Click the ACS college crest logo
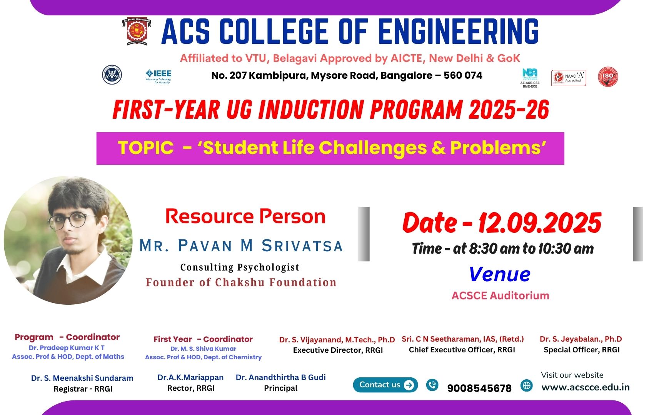(x=137, y=32)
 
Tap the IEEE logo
(x=159, y=76)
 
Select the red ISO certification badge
(x=608, y=77)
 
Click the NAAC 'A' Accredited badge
(x=569, y=78)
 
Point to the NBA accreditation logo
(x=530, y=78)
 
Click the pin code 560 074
(x=463, y=76)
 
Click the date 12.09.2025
(x=539, y=223)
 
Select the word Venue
(x=500, y=274)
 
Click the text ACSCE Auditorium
(x=501, y=295)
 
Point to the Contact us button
(x=385, y=385)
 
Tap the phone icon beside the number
(x=432, y=385)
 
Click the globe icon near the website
(x=526, y=385)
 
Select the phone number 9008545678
(x=479, y=388)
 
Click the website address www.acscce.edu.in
(x=586, y=387)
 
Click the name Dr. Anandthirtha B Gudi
(x=280, y=377)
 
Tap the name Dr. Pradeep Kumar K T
(x=67, y=348)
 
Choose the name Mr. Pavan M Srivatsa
(x=241, y=246)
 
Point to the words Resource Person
(x=245, y=216)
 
